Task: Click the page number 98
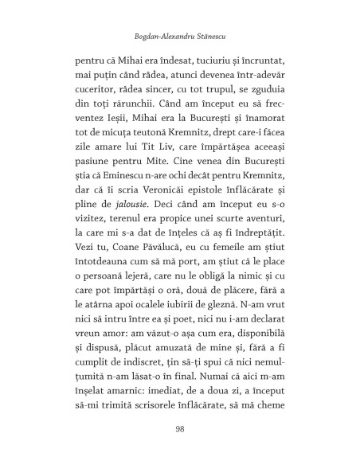[x=180, y=428]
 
